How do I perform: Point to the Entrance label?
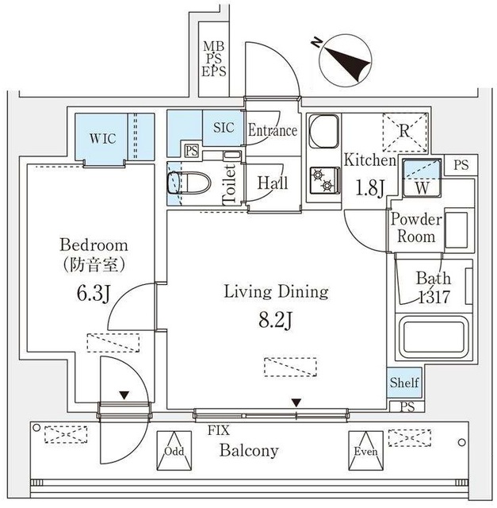pos(272,131)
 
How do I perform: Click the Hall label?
pos(272,183)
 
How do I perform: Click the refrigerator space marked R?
pos(405,130)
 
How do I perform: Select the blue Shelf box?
pos(404,383)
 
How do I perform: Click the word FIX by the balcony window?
pos(220,431)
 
